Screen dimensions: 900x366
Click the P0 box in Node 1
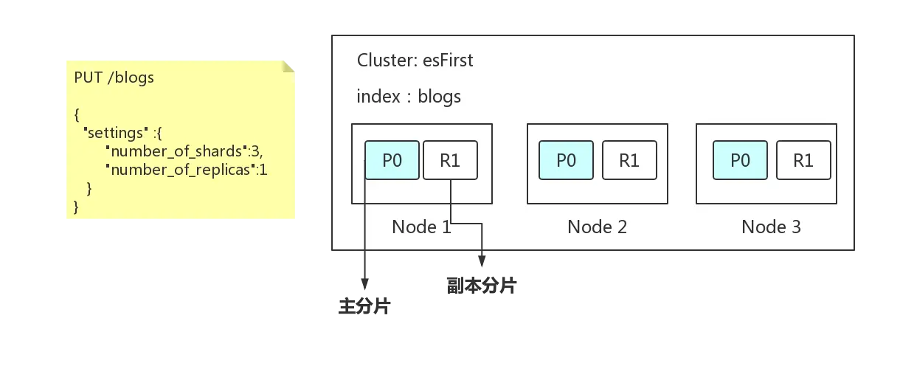[x=392, y=160]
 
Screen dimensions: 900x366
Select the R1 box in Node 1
[x=451, y=160]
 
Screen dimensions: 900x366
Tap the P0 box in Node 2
[x=566, y=160]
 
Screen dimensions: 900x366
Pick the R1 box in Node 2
[x=629, y=160]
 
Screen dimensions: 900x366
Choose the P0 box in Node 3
[x=740, y=160]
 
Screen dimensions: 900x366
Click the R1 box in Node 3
[x=803, y=160]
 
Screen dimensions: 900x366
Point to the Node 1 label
[x=421, y=227]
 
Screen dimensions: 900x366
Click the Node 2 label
[x=597, y=227]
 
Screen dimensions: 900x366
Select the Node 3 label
[x=771, y=227]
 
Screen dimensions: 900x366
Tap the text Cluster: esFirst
[x=415, y=61]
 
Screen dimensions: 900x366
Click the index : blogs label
[x=409, y=97]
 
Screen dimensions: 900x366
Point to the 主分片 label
[x=364, y=306]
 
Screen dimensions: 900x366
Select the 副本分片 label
[x=481, y=286]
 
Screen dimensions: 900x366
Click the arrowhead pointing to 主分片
[x=365, y=284]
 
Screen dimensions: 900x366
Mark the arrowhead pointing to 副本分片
[x=482, y=261]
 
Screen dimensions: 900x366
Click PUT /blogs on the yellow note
[x=114, y=77]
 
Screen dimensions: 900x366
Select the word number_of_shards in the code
[x=176, y=151]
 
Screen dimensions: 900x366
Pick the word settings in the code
[x=115, y=133]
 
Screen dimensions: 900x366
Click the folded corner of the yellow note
[x=288, y=66]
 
